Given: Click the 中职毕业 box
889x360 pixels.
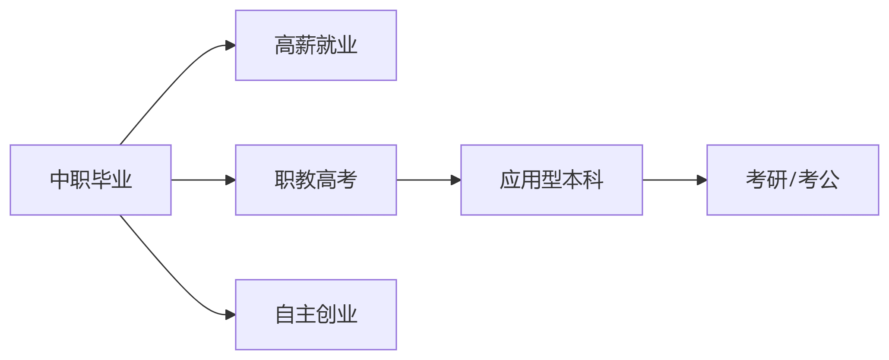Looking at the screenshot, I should click(91, 180).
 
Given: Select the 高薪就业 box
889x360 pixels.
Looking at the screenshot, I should click(316, 45).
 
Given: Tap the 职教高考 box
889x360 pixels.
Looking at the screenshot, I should click(316, 180).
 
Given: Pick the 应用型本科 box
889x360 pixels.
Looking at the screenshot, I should click(551, 180).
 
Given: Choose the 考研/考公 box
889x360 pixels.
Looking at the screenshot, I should click(792, 180).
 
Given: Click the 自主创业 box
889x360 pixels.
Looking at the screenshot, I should click(316, 315).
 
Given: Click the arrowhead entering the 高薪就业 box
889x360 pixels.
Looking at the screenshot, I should click(231, 45).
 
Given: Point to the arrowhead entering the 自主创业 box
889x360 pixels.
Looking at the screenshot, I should click(231, 315).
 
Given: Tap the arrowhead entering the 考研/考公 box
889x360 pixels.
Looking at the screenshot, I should click(702, 180).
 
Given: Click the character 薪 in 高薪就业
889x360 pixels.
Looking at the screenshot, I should click(305, 45).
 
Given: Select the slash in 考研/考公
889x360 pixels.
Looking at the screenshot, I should click(792, 180).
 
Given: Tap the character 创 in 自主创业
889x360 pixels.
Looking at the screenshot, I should click(326, 315).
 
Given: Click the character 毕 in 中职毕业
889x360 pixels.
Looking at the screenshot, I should click(101, 180).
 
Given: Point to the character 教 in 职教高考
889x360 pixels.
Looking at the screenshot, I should click(305, 180).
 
